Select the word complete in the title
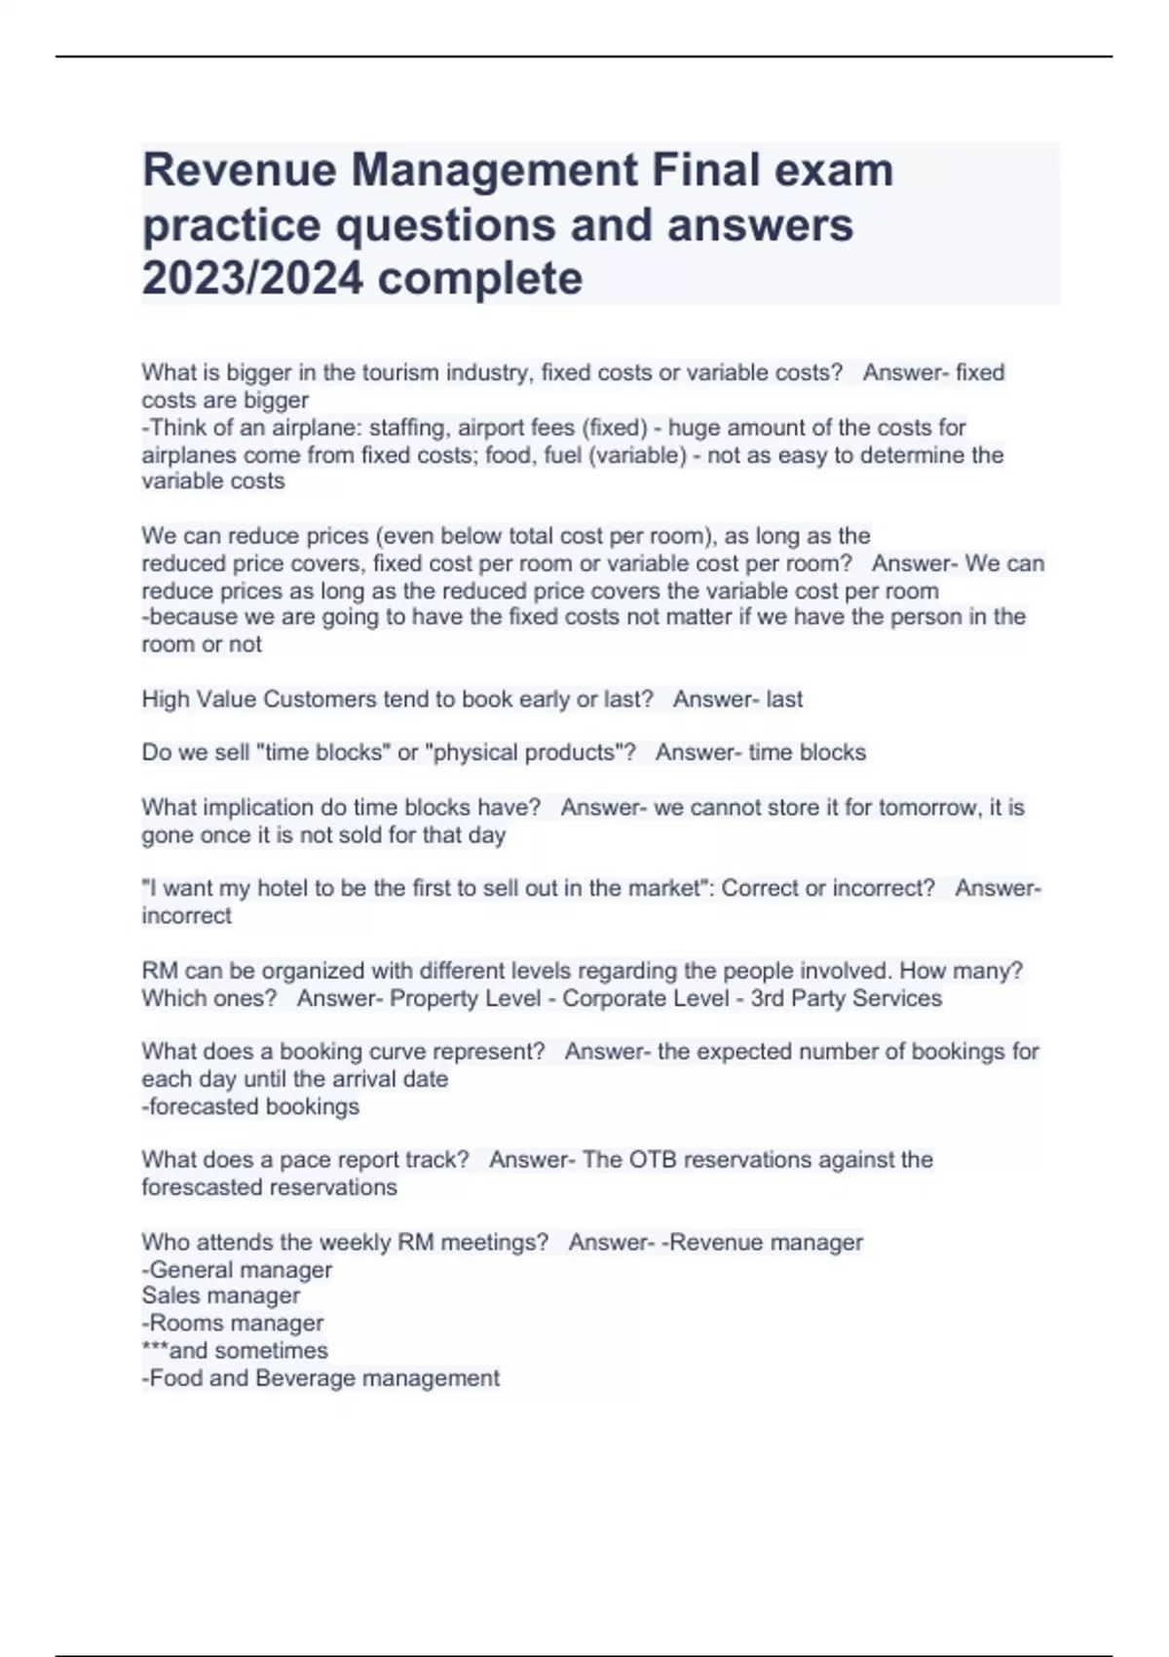(479, 279)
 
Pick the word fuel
(562, 455)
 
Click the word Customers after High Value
(320, 699)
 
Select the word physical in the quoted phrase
(471, 752)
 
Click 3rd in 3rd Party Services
(768, 998)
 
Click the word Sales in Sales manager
(168, 1295)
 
